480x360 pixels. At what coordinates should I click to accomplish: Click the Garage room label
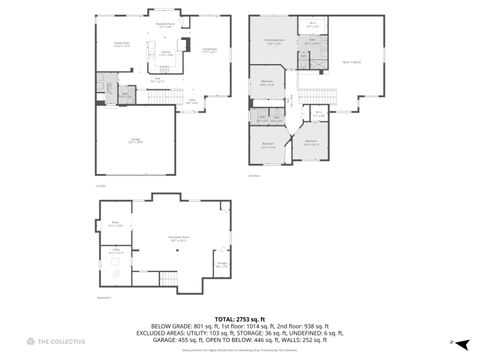134,140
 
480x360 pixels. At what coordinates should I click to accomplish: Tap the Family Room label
122,46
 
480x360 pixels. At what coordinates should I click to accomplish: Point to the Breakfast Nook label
166,25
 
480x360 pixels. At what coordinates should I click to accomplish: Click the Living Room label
210,49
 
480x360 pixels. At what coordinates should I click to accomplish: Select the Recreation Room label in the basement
179,238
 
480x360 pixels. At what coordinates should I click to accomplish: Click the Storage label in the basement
221,265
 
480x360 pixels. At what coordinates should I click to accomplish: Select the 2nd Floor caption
253,176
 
